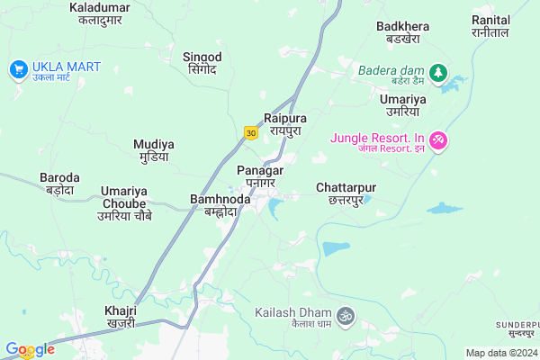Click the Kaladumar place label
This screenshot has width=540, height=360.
tap(99, 13)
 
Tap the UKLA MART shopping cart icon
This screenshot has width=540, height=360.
tap(18, 68)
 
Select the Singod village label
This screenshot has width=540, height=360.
tap(202, 62)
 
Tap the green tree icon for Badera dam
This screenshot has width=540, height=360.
tap(438, 71)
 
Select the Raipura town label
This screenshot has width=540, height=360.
tap(285, 124)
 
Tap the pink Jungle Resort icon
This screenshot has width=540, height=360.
tap(438, 140)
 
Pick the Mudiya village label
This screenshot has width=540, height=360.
tap(154, 149)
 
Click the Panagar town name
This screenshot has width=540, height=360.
tap(260, 176)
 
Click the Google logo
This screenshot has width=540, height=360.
tap(30, 349)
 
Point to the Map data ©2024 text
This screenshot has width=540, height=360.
tap(500, 352)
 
